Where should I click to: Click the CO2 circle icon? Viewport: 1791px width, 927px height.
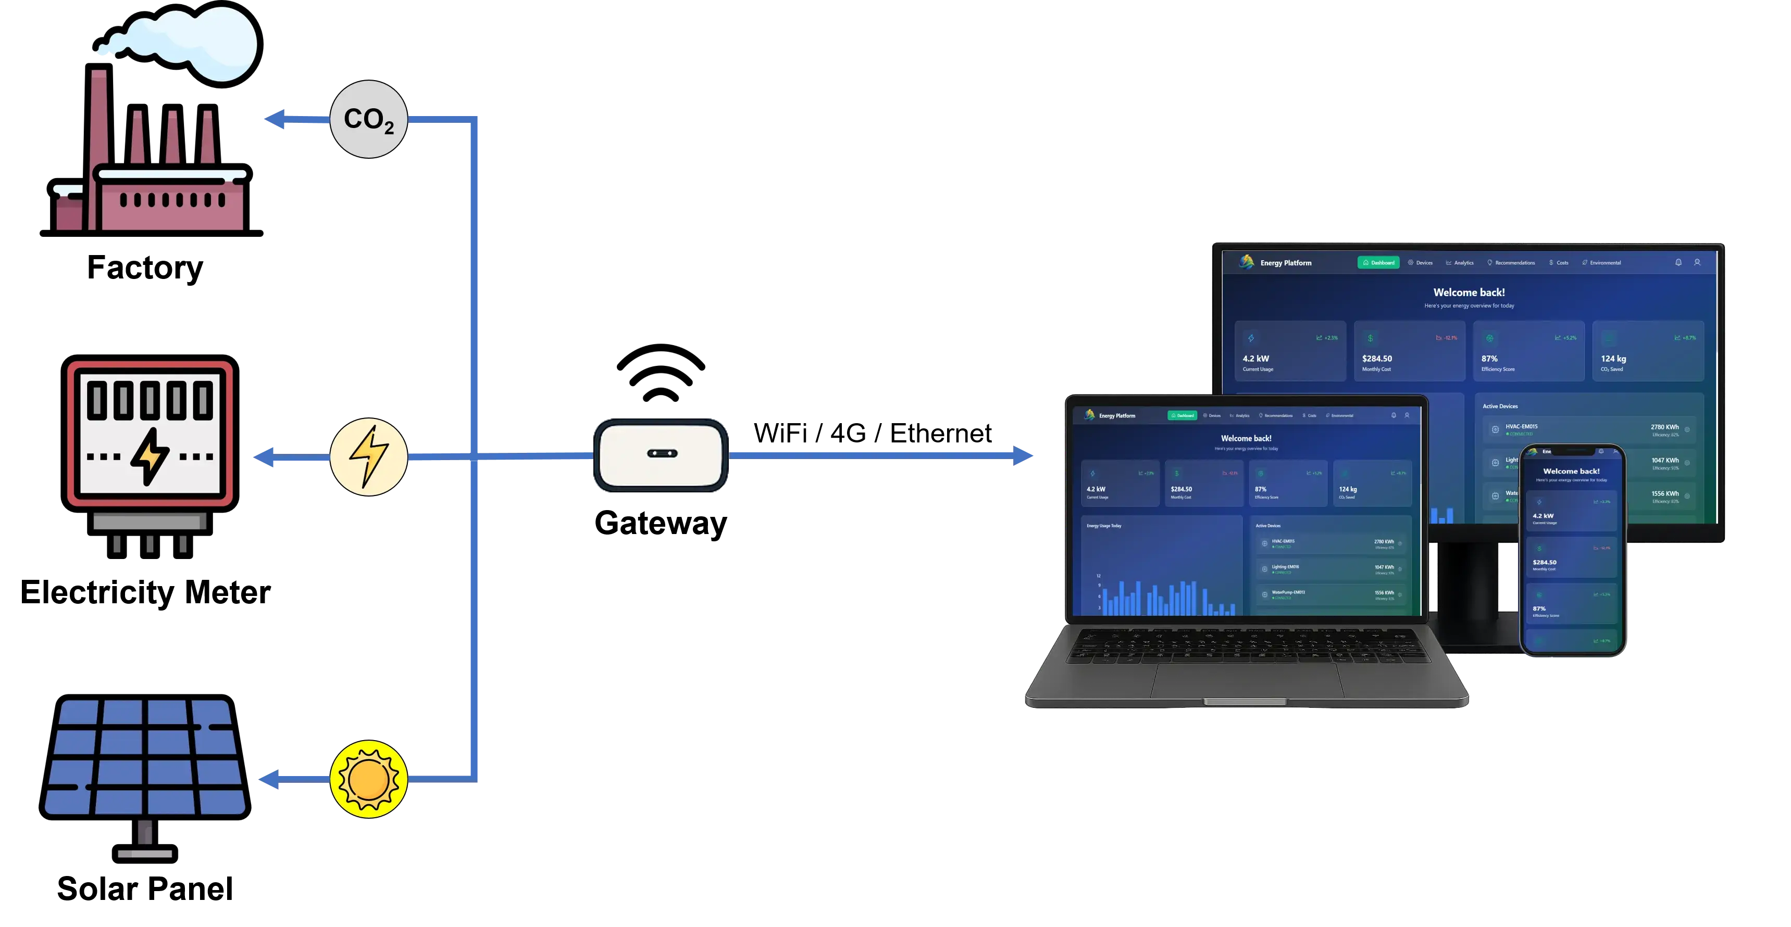click(368, 119)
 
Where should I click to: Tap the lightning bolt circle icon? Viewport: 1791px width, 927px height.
click(368, 456)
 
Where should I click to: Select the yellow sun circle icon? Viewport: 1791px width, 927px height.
click(368, 779)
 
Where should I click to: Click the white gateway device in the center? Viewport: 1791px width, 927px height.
click(661, 454)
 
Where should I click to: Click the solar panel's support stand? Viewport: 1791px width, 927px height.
click(145, 837)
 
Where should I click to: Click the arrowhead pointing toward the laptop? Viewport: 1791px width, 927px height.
click(1024, 456)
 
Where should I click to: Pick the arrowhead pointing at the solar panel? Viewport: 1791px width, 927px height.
click(268, 780)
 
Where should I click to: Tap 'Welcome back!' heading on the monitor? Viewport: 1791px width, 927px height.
click(1469, 293)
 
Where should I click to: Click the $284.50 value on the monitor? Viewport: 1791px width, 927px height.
click(1377, 359)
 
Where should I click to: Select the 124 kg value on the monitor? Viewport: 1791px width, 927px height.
click(1613, 359)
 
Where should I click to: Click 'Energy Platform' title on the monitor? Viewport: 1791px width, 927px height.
click(1286, 263)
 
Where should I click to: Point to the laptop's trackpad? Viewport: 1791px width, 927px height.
click(1245, 681)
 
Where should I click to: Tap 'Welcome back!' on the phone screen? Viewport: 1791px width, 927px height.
click(1571, 471)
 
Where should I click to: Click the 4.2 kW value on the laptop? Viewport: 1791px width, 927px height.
click(1096, 489)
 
